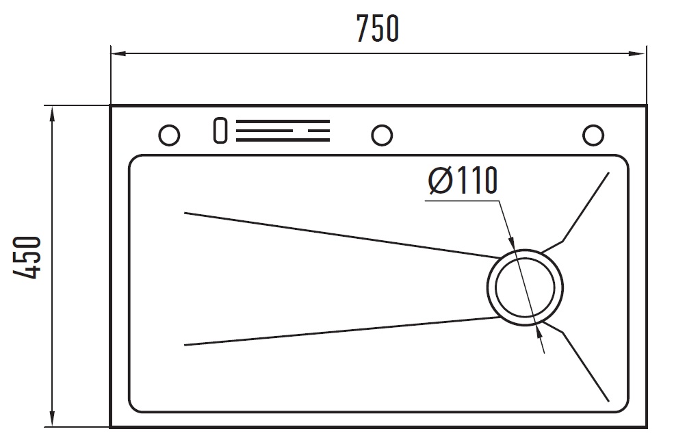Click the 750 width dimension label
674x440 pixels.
click(378, 29)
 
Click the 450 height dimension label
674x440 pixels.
click(27, 257)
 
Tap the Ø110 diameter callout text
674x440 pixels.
click(463, 181)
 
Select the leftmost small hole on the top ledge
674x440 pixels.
click(169, 135)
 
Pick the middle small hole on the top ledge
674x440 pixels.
click(382, 135)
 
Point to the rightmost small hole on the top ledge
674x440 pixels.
click(593, 135)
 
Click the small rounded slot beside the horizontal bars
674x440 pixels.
click(220, 130)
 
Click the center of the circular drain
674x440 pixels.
click(525, 287)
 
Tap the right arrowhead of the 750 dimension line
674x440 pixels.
click(638, 53)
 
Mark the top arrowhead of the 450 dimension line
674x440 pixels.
click(52, 115)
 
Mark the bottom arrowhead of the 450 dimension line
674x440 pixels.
click(52, 419)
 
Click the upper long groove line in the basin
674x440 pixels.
click(342, 235)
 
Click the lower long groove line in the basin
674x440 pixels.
click(341, 331)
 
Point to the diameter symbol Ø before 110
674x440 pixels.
click(440, 181)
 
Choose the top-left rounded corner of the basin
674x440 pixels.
click(134, 160)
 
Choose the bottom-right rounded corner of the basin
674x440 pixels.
click(623, 406)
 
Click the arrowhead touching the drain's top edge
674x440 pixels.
click(512, 244)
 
